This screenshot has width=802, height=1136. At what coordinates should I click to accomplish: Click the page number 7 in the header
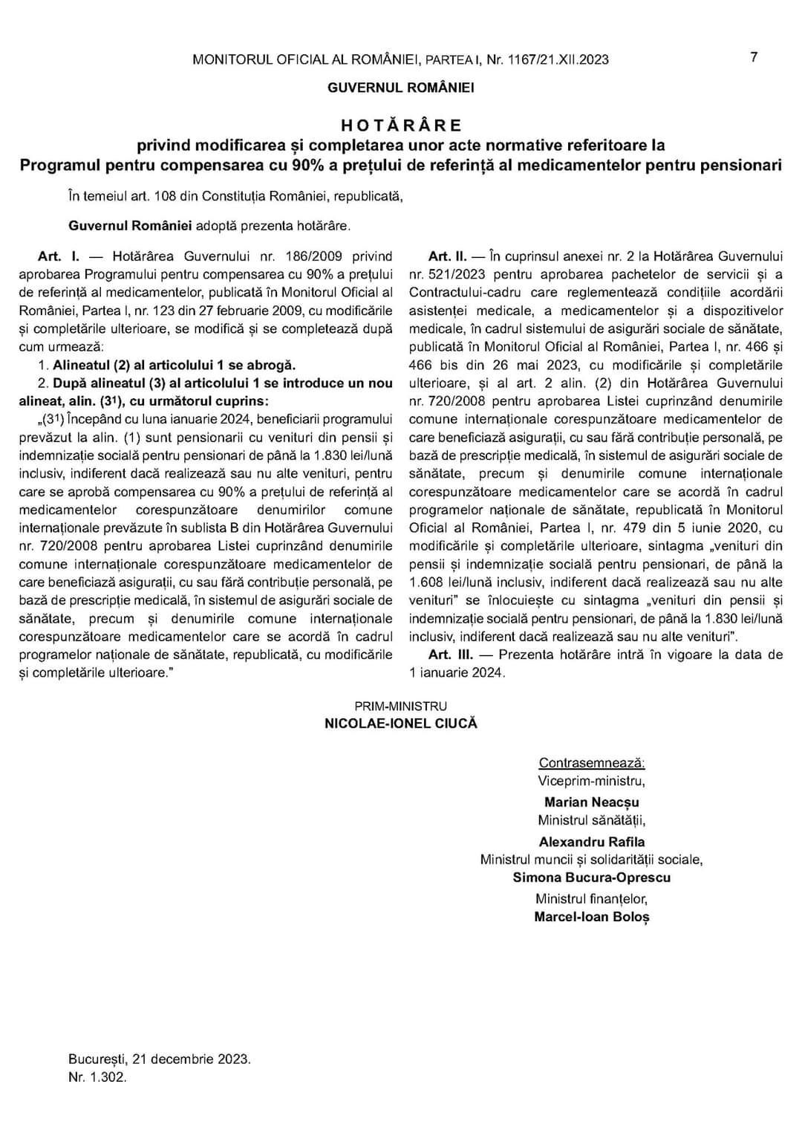click(x=754, y=57)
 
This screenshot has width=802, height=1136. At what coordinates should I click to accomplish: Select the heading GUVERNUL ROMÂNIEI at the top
click(x=401, y=88)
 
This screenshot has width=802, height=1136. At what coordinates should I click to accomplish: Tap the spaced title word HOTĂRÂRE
click(x=401, y=125)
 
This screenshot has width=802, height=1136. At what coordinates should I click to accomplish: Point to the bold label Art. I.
click(x=59, y=256)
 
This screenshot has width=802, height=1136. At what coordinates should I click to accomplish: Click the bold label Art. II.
click(x=448, y=256)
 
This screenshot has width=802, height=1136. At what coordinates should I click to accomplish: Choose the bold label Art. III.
click(x=451, y=655)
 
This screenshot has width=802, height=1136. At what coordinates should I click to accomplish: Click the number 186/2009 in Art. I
click(x=310, y=256)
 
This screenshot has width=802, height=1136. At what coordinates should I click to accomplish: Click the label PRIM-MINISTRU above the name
click(x=401, y=707)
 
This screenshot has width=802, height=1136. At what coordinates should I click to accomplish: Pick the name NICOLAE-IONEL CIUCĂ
click(x=401, y=724)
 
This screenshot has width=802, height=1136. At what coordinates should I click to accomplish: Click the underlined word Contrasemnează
click(x=592, y=763)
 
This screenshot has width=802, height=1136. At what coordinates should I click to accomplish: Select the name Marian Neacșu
click(x=592, y=802)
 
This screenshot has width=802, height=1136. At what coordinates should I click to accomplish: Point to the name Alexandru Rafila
click(x=592, y=842)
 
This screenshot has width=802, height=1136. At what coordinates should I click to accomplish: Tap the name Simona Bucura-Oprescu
click(x=592, y=877)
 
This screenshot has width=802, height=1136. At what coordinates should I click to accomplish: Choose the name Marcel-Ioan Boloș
click(x=592, y=917)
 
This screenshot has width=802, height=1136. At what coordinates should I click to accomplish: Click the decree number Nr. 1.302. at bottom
click(x=97, y=1077)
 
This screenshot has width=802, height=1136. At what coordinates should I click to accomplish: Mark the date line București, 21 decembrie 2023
click(x=159, y=1059)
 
